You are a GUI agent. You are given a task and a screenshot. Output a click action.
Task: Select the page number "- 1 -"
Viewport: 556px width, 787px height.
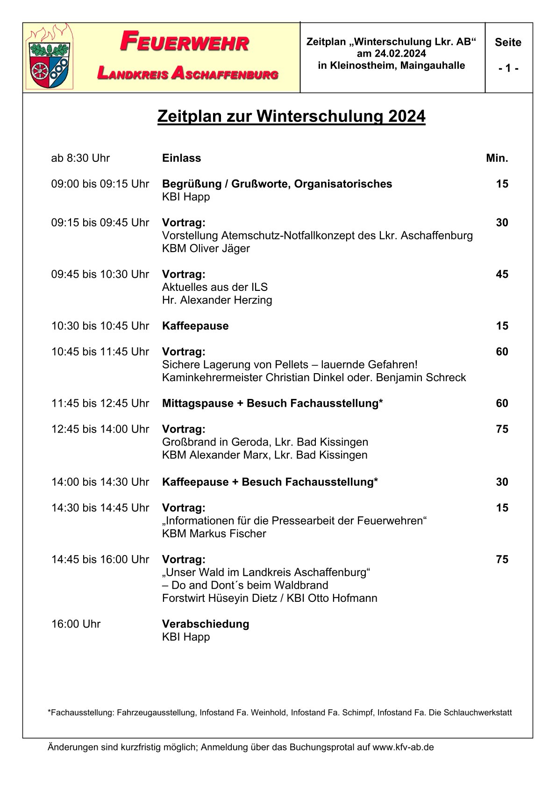(508, 68)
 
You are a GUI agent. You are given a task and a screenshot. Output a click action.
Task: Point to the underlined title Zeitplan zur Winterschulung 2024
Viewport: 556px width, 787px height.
(291, 116)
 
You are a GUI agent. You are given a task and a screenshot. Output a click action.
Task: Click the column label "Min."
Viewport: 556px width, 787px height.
(497, 158)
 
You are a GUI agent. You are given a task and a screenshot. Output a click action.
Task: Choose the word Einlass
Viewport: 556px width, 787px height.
(181, 158)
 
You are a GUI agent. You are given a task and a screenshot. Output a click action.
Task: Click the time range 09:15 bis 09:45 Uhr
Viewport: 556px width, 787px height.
(100, 223)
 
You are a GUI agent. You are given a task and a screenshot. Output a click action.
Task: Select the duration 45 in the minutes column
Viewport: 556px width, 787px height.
(502, 274)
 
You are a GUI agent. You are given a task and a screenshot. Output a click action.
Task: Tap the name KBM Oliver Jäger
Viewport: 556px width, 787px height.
(206, 248)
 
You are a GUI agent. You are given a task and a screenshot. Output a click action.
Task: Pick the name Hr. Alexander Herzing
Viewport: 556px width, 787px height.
(217, 300)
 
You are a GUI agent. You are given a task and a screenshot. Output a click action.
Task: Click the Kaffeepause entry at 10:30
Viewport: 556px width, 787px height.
(195, 326)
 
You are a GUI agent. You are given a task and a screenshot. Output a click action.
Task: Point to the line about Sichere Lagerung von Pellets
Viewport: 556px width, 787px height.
(289, 364)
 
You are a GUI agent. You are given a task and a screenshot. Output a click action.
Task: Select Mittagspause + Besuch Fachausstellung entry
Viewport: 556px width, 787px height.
(272, 403)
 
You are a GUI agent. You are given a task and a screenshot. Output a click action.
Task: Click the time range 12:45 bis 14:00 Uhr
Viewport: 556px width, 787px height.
(100, 429)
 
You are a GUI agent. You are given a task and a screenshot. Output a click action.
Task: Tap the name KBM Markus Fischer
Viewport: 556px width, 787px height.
(214, 534)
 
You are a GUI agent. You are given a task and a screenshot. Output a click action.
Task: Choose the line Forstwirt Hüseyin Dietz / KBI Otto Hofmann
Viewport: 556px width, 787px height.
(270, 598)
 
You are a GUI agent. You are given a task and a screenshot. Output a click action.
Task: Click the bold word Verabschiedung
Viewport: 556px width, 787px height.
(206, 624)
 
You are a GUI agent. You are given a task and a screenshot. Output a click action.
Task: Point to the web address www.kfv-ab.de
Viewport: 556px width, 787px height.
(403, 747)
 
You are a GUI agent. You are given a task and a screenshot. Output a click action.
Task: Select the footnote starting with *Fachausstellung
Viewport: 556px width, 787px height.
(279, 713)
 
